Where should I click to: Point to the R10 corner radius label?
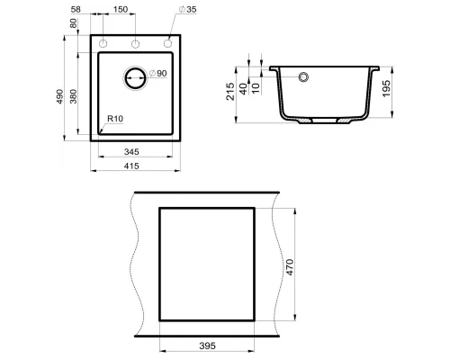(114, 119)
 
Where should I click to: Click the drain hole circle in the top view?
(134, 77)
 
